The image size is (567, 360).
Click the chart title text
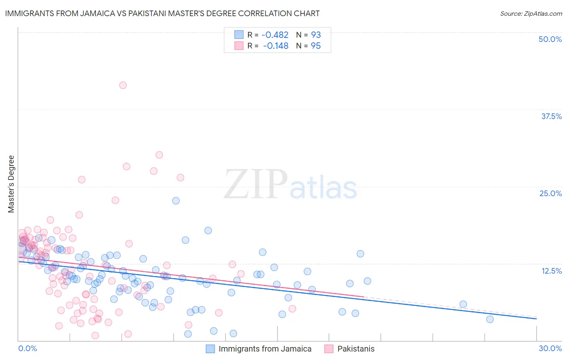(162, 13)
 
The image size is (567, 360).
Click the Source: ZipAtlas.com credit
(531, 13)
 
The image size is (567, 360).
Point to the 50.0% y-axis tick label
(550, 39)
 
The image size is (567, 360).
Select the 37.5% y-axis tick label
(551, 116)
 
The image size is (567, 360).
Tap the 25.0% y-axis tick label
(550, 193)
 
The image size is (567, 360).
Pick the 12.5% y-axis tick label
(551, 270)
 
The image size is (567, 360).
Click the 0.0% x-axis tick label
(27, 348)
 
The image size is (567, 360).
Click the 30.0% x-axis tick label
(550, 348)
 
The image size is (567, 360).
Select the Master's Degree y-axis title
(11, 184)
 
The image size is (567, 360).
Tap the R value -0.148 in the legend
(276, 46)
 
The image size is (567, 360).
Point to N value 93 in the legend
(316, 35)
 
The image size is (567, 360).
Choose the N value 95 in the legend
(316, 46)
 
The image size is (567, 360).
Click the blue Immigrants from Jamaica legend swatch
(211, 349)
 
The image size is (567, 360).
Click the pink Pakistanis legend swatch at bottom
(329, 349)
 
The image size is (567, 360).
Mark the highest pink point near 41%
(123, 85)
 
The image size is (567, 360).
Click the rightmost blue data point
(490, 319)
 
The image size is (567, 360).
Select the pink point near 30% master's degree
(159, 155)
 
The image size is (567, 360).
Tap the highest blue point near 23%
(176, 201)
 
